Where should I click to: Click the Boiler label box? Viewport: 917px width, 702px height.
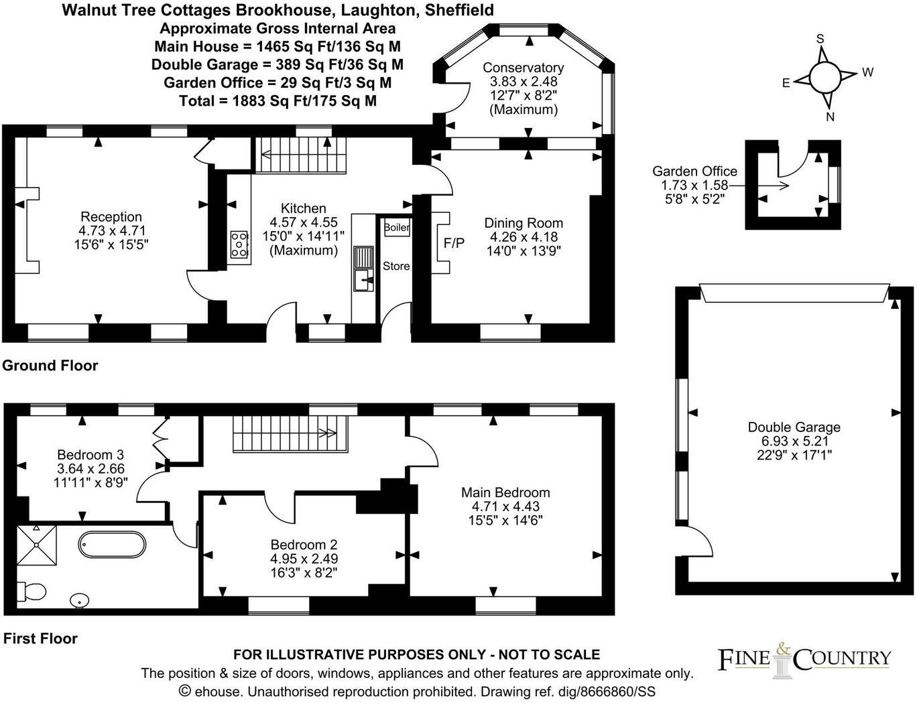(x=396, y=228)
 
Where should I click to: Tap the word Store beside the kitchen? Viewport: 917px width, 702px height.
(x=396, y=266)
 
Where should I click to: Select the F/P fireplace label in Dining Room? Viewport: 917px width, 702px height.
(x=454, y=243)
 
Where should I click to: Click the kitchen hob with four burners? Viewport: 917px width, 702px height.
(x=239, y=244)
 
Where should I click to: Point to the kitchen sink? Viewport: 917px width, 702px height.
(x=364, y=269)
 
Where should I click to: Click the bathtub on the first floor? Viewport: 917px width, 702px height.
(x=112, y=545)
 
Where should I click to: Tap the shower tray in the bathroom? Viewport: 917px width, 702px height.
(x=37, y=545)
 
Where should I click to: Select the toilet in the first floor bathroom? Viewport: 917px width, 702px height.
(x=31, y=591)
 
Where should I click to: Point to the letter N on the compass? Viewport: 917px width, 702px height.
(x=831, y=117)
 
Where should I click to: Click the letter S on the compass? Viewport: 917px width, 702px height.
(x=820, y=39)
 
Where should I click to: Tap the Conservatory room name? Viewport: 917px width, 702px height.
(x=523, y=67)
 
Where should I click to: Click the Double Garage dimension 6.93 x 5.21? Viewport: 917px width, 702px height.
(x=794, y=441)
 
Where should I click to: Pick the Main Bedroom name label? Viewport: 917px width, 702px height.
(x=505, y=492)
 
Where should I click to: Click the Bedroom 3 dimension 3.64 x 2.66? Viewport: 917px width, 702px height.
(x=90, y=468)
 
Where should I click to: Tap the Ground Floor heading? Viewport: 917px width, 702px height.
(x=50, y=366)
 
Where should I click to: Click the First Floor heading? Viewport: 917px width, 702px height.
(x=40, y=638)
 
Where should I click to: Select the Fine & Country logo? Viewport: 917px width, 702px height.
(x=805, y=658)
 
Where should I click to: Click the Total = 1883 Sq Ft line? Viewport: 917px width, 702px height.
(x=278, y=101)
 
